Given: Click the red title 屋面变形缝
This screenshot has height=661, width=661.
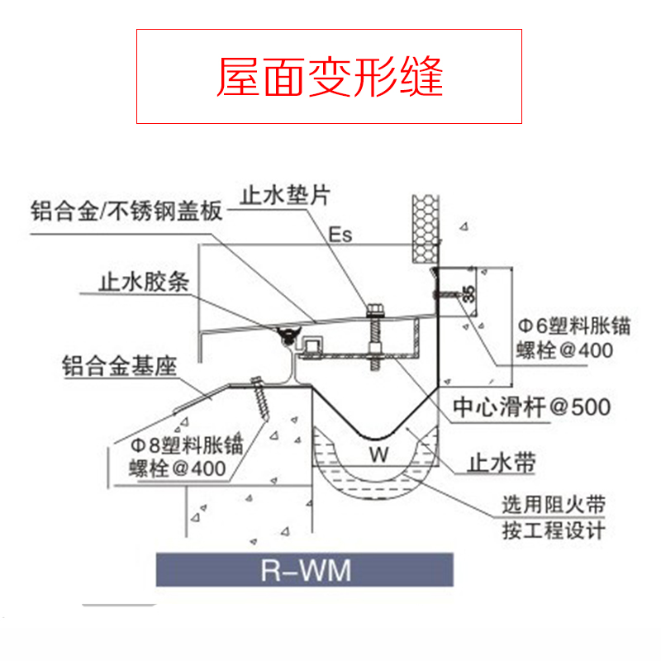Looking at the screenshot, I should pos(330,77).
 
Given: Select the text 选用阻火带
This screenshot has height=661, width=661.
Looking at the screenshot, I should pos(553,504).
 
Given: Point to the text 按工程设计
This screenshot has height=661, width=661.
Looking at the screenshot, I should pos(553,530).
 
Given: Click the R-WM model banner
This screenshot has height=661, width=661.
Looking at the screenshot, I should pos(305,570).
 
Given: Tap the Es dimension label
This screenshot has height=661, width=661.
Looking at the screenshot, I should pos(340,235).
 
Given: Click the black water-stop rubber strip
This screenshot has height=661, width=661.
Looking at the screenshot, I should pos(287,335).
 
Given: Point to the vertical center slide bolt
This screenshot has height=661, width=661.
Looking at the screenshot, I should pos(373,339).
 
